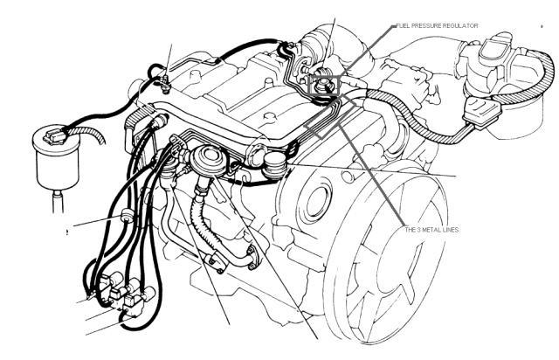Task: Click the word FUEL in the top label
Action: point(403,25)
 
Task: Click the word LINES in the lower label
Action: point(451,230)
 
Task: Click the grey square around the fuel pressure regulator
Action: point(323,86)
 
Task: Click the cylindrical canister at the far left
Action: point(56,157)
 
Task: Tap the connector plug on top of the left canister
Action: point(55,136)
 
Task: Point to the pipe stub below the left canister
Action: point(58,202)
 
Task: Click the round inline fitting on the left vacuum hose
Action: point(128,216)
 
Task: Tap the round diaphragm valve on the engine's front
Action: point(210,160)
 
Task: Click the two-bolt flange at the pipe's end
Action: point(253,257)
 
